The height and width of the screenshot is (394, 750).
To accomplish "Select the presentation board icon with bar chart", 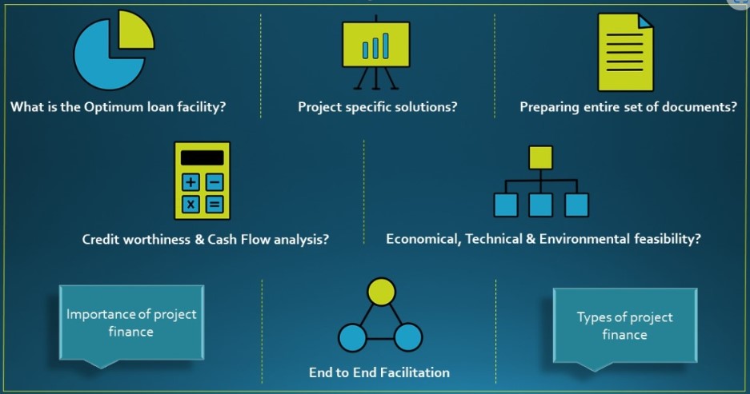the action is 376,52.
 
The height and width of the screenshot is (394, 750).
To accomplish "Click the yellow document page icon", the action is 625,52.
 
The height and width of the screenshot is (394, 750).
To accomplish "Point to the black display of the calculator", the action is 202,157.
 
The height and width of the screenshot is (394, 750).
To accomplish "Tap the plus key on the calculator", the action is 191,181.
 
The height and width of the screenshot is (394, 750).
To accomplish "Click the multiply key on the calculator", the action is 191,205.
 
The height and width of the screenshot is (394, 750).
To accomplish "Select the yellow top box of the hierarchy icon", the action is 540,157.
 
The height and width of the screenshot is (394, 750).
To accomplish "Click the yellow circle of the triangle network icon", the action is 381,292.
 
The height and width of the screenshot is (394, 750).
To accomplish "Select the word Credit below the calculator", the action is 100,239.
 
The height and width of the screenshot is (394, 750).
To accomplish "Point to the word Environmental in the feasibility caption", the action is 584,238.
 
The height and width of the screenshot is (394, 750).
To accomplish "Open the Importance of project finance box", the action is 131,323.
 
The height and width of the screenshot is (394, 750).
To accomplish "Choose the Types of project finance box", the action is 624,326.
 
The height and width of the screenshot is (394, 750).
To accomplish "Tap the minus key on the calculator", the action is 215,181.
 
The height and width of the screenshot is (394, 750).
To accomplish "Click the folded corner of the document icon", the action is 646,22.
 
